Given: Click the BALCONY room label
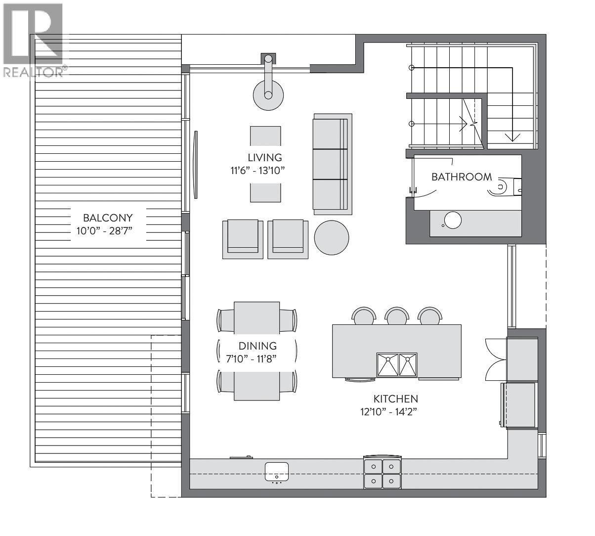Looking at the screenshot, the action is coord(108,218).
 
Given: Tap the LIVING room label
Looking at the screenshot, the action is coord(265,157).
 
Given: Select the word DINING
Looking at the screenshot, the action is coord(257,346).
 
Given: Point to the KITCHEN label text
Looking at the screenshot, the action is coord(396,399).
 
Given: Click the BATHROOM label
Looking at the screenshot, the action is coord(462,177).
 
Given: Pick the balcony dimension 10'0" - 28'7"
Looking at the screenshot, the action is coord(104,231).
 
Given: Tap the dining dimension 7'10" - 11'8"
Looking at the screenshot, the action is coord(251,359).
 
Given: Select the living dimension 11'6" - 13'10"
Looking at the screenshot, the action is coord(258,171).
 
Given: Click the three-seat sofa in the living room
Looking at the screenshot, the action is coord(333,164).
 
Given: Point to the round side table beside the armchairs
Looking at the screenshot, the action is coord(332,237).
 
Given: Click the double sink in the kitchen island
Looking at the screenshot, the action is coord(397,365).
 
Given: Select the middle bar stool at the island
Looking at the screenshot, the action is coord(397,316).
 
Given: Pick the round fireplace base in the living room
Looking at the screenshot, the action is coord(268,95).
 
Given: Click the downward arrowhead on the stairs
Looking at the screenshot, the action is coord(512,137).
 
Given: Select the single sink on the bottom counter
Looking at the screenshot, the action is coord(276,471).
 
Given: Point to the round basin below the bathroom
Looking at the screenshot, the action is coord(453,220).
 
